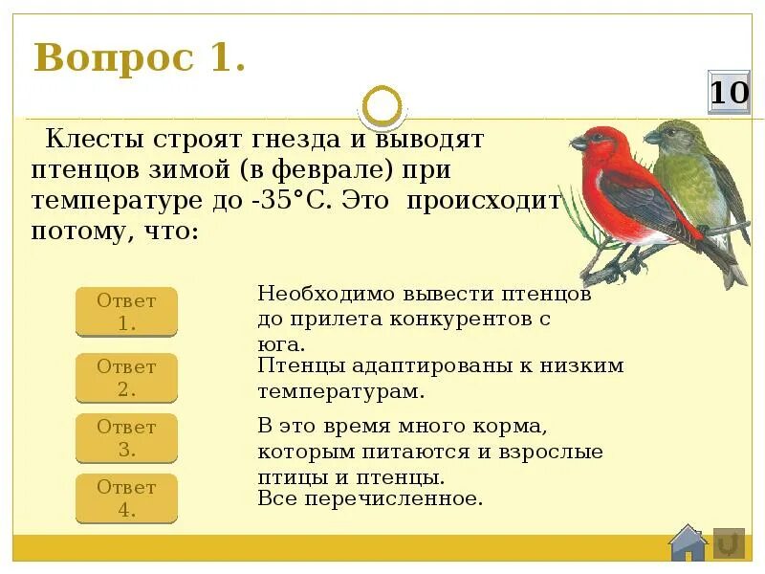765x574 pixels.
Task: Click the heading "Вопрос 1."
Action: pyautogui.click(x=140, y=58)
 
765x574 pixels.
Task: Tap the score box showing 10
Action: pyautogui.click(x=729, y=93)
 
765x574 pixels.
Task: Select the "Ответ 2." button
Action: pyautogui.click(x=126, y=378)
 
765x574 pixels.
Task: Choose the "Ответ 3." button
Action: pyautogui.click(x=126, y=438)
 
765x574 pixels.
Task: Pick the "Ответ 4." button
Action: pyautogui.click(x=126, y=497)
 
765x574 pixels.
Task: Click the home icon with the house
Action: pyautogui.click(x=688, y=542)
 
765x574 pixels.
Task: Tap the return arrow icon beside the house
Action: pyautogui.click(x=729, y=542)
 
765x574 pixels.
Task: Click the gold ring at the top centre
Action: pyautogui.click(x=383, y=105)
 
